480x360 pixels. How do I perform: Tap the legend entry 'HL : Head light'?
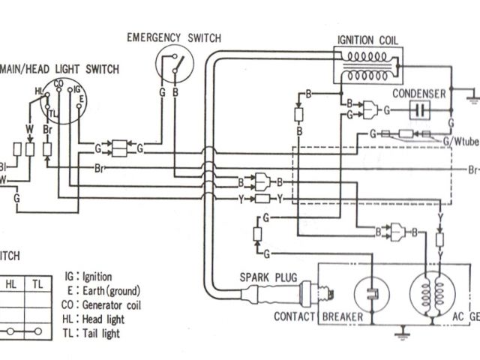(93, 319)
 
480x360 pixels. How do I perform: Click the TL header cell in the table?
(36, 284)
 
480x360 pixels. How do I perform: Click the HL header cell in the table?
(10, 284)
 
